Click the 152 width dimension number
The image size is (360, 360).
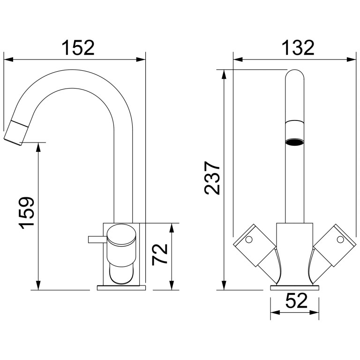pyautogui.click(x=78, y=47)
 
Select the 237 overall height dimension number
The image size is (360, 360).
pyautogui.click(x=212, y=178)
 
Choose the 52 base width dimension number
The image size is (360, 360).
pyautogui.click(x=295, y=300)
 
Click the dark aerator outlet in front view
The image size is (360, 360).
pyautogui.click(x=295, y=141)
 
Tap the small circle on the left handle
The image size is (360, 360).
pyautogui.click(x=248, y=240)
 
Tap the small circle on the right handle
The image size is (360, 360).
pyautogui.click(x=339, y=240)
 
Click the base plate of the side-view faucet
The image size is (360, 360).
pyautogui.click(x=121, y=287)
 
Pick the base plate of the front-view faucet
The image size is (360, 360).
pyautogui.click(x=295, y=287)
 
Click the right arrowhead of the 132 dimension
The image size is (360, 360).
pyautogui.click(x=353, y=60)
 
